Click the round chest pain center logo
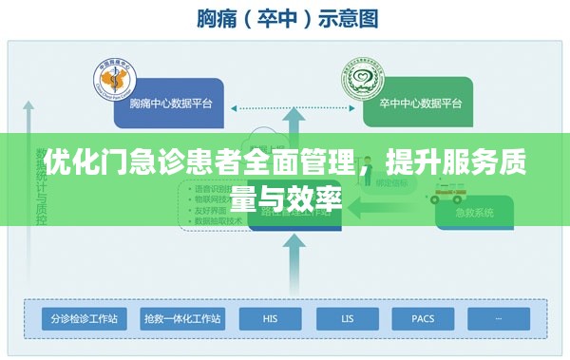pos(116,80)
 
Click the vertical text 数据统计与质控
pos(41,190)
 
